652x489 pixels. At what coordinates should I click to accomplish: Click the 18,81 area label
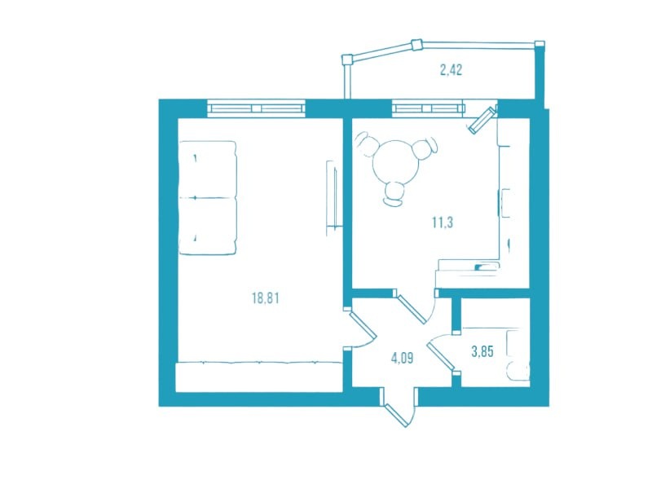click(266, 298)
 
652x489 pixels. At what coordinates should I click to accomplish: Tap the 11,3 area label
click(442, 222)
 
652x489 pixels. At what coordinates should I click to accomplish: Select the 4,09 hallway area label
click(402, 358)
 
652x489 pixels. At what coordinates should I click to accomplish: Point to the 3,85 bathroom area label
click(482, 352)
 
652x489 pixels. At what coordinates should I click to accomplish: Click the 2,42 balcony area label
click(451, 70)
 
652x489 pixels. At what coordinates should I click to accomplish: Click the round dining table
click(396, 162)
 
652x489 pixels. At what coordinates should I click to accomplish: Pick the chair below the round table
click(394, 194)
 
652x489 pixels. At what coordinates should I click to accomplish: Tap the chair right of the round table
click(425, 148)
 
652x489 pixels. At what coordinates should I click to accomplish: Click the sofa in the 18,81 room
click(208, 197)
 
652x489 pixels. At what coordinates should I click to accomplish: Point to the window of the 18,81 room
click(256, 108)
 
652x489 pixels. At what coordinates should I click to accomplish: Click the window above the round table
click(429, 108)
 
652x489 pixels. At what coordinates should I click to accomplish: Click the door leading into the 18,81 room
click(360, 328)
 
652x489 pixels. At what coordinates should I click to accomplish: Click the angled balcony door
click(482, 120)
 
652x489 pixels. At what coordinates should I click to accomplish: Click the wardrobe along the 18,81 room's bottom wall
click(259, 377)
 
